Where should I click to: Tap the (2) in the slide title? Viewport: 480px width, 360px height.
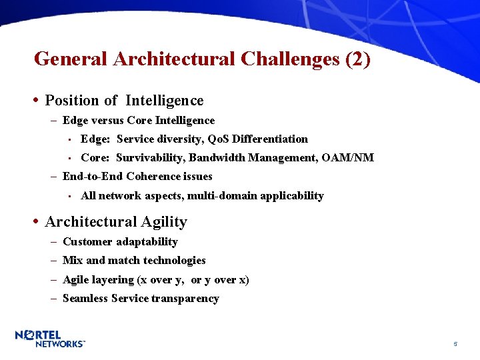point(358,59)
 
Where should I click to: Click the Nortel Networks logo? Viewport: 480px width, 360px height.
point(50,338)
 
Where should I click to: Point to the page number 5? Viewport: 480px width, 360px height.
point(455,344)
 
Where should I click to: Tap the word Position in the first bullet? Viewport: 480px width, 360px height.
point(71,101)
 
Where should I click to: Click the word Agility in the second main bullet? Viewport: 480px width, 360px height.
point(163,222)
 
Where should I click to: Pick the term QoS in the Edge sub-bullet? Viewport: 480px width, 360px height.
point(218,139)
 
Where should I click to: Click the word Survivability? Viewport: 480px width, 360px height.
point(151,158)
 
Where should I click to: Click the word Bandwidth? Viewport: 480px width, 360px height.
point(215,158)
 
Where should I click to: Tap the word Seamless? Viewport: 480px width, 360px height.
point(85,299)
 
